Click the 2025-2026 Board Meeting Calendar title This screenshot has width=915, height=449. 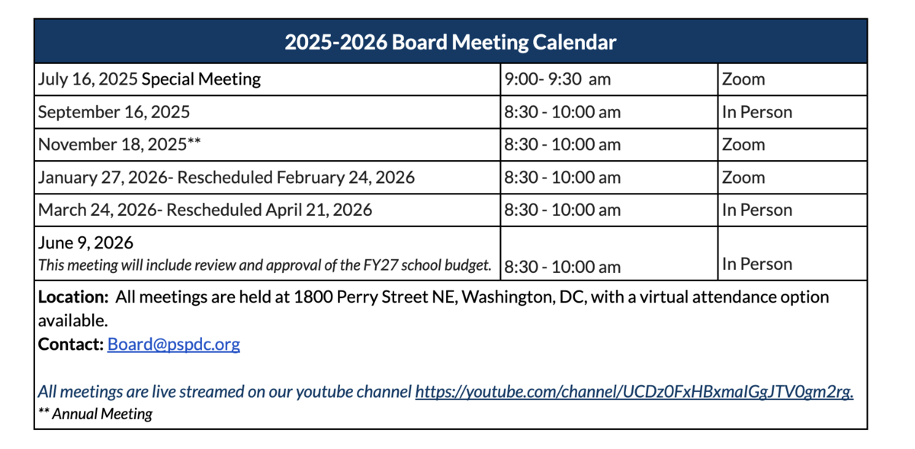pyautogui.click(x=450, y=42)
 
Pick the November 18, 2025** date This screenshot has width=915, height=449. pyautogui.click(x=119, y=144)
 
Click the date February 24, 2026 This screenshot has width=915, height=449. pyautogui.click(x=345, y=178)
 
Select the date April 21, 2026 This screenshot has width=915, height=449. pyautogui.click(x=319, y=210)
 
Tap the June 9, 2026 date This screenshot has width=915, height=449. pyautogui.click(x=85, y=242)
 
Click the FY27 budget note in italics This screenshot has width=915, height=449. pyautogui.click(x=265, y=265)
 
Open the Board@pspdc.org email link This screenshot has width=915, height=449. pyautogui.click(x=174, y=345)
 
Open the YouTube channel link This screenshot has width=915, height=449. pyautogui.click(x=634, y=392)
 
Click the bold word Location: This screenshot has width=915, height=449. pyautogui.click(x=73, y=297)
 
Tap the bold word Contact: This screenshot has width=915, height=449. pyautogui.click(x=71, y=345)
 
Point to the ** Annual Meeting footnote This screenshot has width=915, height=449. pyautogui.click(x=95, y=414)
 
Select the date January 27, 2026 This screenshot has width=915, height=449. pyautogui.click(x=102, y=178)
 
